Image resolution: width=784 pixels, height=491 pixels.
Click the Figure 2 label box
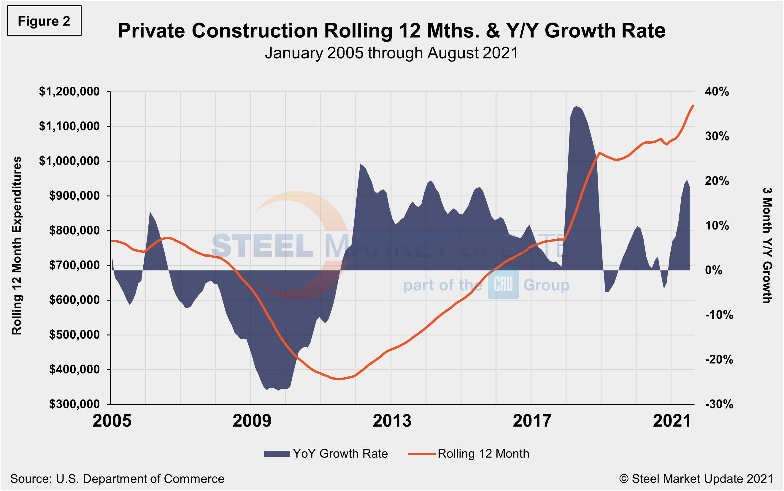pos(44,21)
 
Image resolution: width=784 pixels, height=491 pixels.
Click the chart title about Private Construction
pos(391,31)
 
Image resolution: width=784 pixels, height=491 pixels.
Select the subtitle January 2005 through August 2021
pos(391,53)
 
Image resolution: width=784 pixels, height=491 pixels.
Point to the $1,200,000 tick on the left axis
pos(69,91)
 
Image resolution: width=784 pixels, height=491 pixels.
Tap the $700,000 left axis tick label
pos(74,265)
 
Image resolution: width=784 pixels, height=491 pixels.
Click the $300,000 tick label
pos(74,404)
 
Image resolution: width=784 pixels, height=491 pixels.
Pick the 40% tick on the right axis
pos(717,91)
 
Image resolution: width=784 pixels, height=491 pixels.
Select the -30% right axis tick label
pos(719,404)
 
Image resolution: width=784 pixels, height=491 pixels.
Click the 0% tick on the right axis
pos(713,270)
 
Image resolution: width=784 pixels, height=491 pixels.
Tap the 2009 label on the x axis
pos(252,421)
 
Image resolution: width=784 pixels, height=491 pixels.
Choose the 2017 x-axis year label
pos(532,421)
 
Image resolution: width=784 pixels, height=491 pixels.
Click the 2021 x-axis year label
pos(672,421)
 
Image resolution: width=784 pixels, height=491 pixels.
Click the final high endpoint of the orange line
pos(693,105)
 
